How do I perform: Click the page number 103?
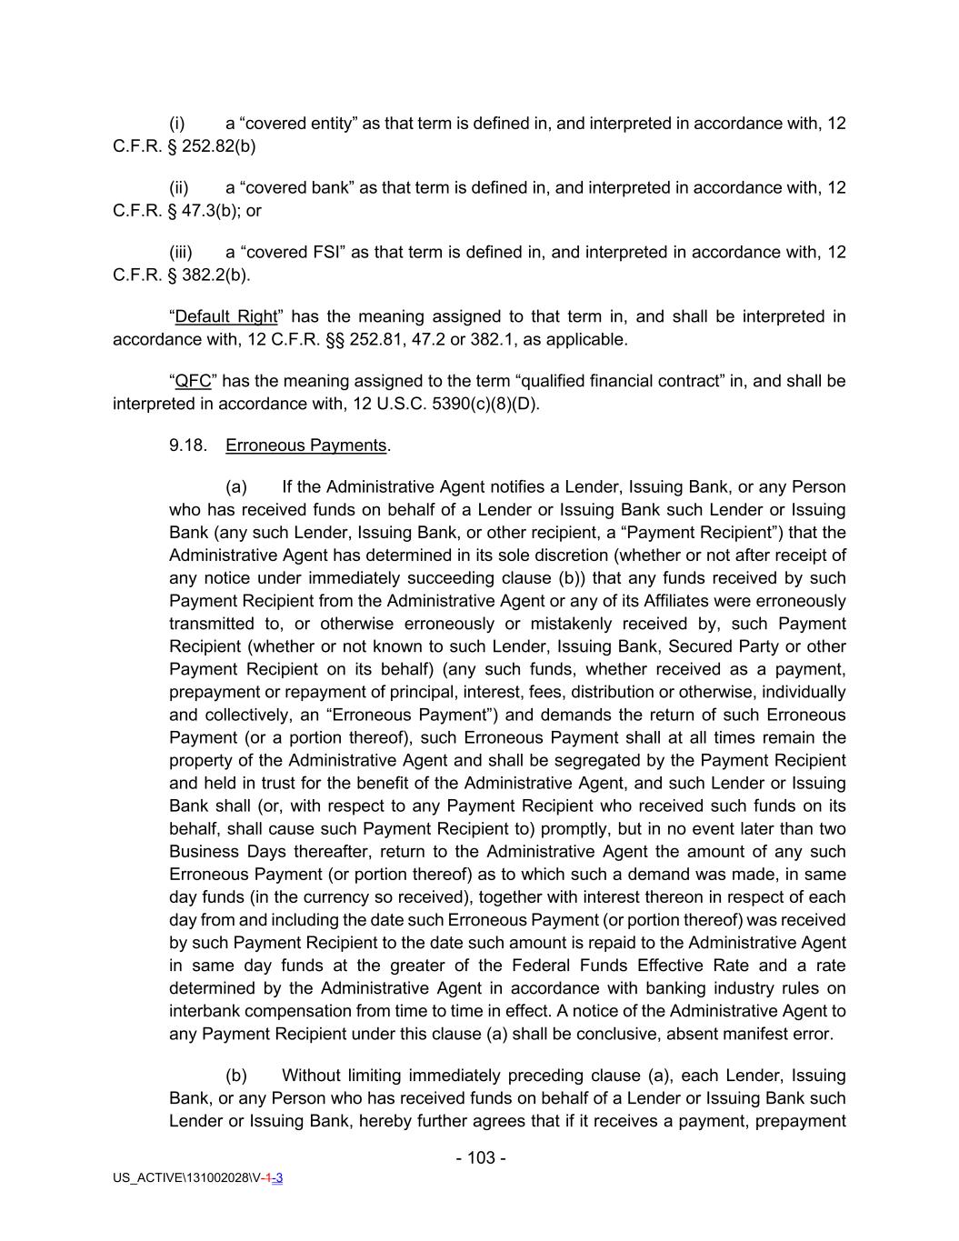[481, 1157]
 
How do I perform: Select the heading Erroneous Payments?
[306, 445]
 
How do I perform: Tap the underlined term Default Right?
[225, 316]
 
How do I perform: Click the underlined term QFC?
[193, 381]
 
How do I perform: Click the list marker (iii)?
[181, 252]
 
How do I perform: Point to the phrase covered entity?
[299, 123]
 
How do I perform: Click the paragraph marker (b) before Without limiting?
[236, 1076]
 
